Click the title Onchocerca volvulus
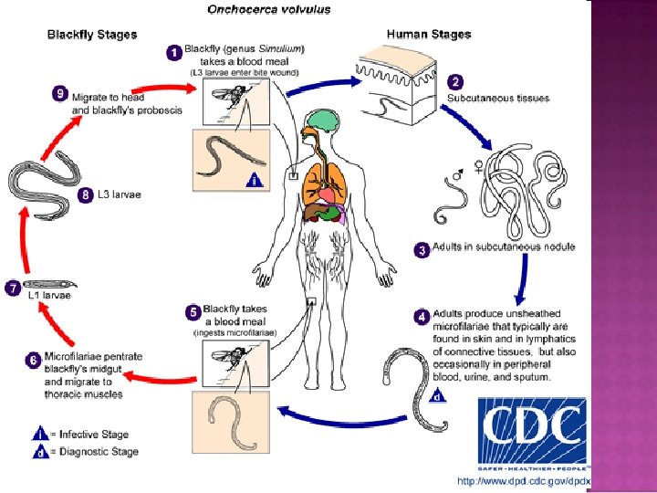point(269,10)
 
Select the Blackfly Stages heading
point(92,35)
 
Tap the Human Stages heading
point(429,35)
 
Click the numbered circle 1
point(173,53)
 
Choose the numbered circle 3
point(422,249)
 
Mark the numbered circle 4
point(422,317)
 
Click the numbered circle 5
point(193,312)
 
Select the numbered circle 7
point(13,288)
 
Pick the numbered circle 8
point(87,195)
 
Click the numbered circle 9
point(60,93)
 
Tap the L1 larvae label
point(53,296)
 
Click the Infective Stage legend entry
point(84,435)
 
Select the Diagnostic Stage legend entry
point(87,452)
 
